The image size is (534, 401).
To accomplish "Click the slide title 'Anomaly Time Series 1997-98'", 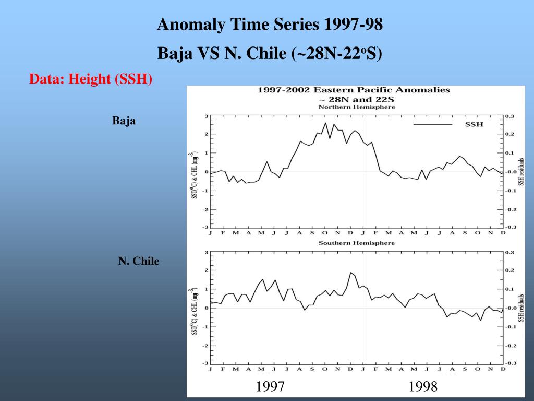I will (270, 25).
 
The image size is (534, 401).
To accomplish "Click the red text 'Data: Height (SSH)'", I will (91, 79).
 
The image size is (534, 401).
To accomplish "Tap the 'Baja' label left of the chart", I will (124, 121).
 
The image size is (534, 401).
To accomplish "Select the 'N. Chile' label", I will (139, 261).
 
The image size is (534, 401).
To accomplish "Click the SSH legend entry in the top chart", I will (474, 124).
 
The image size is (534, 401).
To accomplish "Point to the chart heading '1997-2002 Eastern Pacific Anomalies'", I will (354, 90).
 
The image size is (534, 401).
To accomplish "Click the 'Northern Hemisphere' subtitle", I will (357, 107).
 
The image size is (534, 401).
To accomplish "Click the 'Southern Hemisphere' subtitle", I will (357, 243).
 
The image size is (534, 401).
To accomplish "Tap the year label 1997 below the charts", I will (270, 387).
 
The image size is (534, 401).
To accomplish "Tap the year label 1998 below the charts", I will (423, 387).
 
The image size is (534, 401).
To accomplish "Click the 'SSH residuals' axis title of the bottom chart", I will (521, 308).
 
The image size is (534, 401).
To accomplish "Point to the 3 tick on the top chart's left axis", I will (206, 116).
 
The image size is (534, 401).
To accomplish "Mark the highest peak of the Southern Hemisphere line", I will (350, 273).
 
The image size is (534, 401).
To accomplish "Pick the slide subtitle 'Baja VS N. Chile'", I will (270, 53).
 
